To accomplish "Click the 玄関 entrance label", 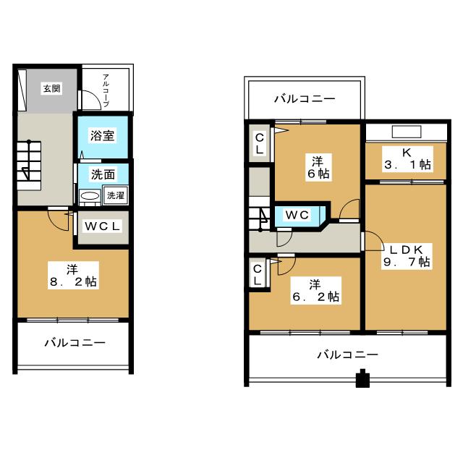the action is pos(51,88).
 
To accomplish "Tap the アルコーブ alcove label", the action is pos(106,90).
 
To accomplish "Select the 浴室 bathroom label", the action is pos(102,135).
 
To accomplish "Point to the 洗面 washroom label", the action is pos(103,174).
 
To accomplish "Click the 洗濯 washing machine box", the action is pos(116,195).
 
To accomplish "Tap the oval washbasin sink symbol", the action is pos(90,196).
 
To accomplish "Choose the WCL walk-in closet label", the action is pos(102,226).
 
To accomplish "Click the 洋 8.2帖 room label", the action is pos(73,276).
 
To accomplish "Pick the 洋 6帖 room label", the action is pos(318,167).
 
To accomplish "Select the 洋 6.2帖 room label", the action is pos(315,291).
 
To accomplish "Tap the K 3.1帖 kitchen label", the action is pos(407,159).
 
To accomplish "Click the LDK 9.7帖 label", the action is pos(407,256).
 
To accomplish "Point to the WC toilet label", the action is pos(297,215).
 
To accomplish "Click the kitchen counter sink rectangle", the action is pos(407,132).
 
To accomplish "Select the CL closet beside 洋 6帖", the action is pos(259,143).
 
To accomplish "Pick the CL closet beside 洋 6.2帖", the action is pos(258,275).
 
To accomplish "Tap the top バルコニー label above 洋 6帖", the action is pos(305,98).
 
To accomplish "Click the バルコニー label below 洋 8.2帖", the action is pos(75,343).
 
